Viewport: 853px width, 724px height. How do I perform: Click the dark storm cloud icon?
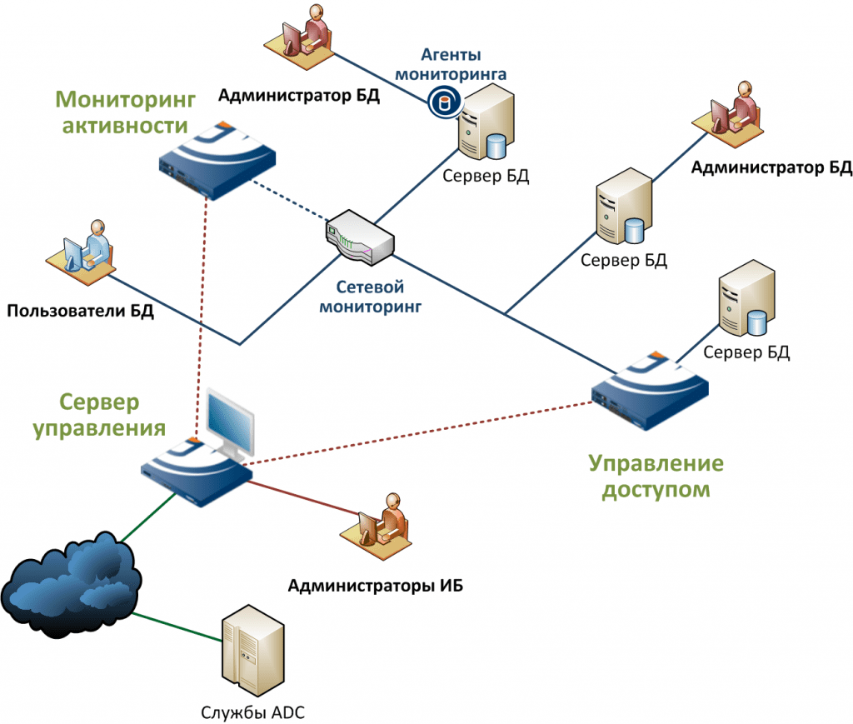[x=71, y=585]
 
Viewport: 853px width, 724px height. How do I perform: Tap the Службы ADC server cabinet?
[x=253, y=651]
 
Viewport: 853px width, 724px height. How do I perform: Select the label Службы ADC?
[x=252, y=712]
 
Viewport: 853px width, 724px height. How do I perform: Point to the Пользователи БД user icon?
[x=81, y=253]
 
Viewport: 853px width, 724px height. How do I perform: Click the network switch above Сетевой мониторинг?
[x=360, y=237]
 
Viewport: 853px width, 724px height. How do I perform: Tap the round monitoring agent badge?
[x=444, y=102]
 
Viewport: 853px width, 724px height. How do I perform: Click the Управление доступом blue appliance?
[x=650, y=392]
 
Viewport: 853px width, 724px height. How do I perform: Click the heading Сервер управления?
[x=100, y=415]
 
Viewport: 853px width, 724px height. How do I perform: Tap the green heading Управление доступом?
[x=656, y=476]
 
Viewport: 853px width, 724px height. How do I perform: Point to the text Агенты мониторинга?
[x=451, y=64]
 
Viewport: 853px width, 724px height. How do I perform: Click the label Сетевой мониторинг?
[x=370, y=297]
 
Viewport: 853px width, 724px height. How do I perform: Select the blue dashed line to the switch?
[x=290, y=200]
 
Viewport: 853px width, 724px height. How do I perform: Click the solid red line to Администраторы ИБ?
[x=302, y=497]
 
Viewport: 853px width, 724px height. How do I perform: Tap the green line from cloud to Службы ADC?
[x=177, y=627]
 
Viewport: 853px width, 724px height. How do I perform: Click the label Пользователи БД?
[x=81, y=311]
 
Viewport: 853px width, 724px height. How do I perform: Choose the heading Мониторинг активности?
[x=125, y=112]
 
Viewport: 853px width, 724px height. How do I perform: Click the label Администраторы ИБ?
[x=376, y=586]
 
